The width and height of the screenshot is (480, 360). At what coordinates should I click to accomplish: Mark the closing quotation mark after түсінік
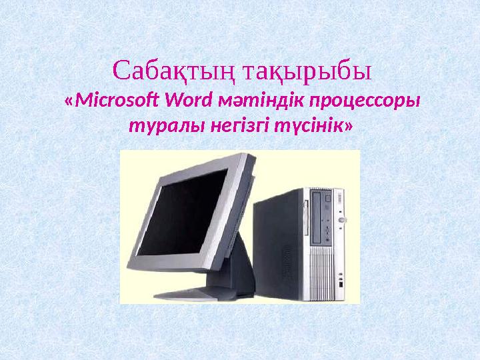347,125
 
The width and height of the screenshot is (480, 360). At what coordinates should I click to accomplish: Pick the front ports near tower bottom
340,280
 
